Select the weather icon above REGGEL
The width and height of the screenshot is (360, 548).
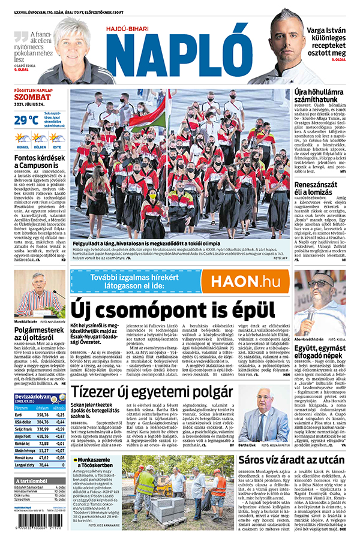[22, 138]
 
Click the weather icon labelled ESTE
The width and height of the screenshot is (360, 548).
[56, 138]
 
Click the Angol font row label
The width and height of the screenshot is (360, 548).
[23, 436]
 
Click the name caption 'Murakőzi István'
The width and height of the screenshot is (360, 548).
[27, 321]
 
